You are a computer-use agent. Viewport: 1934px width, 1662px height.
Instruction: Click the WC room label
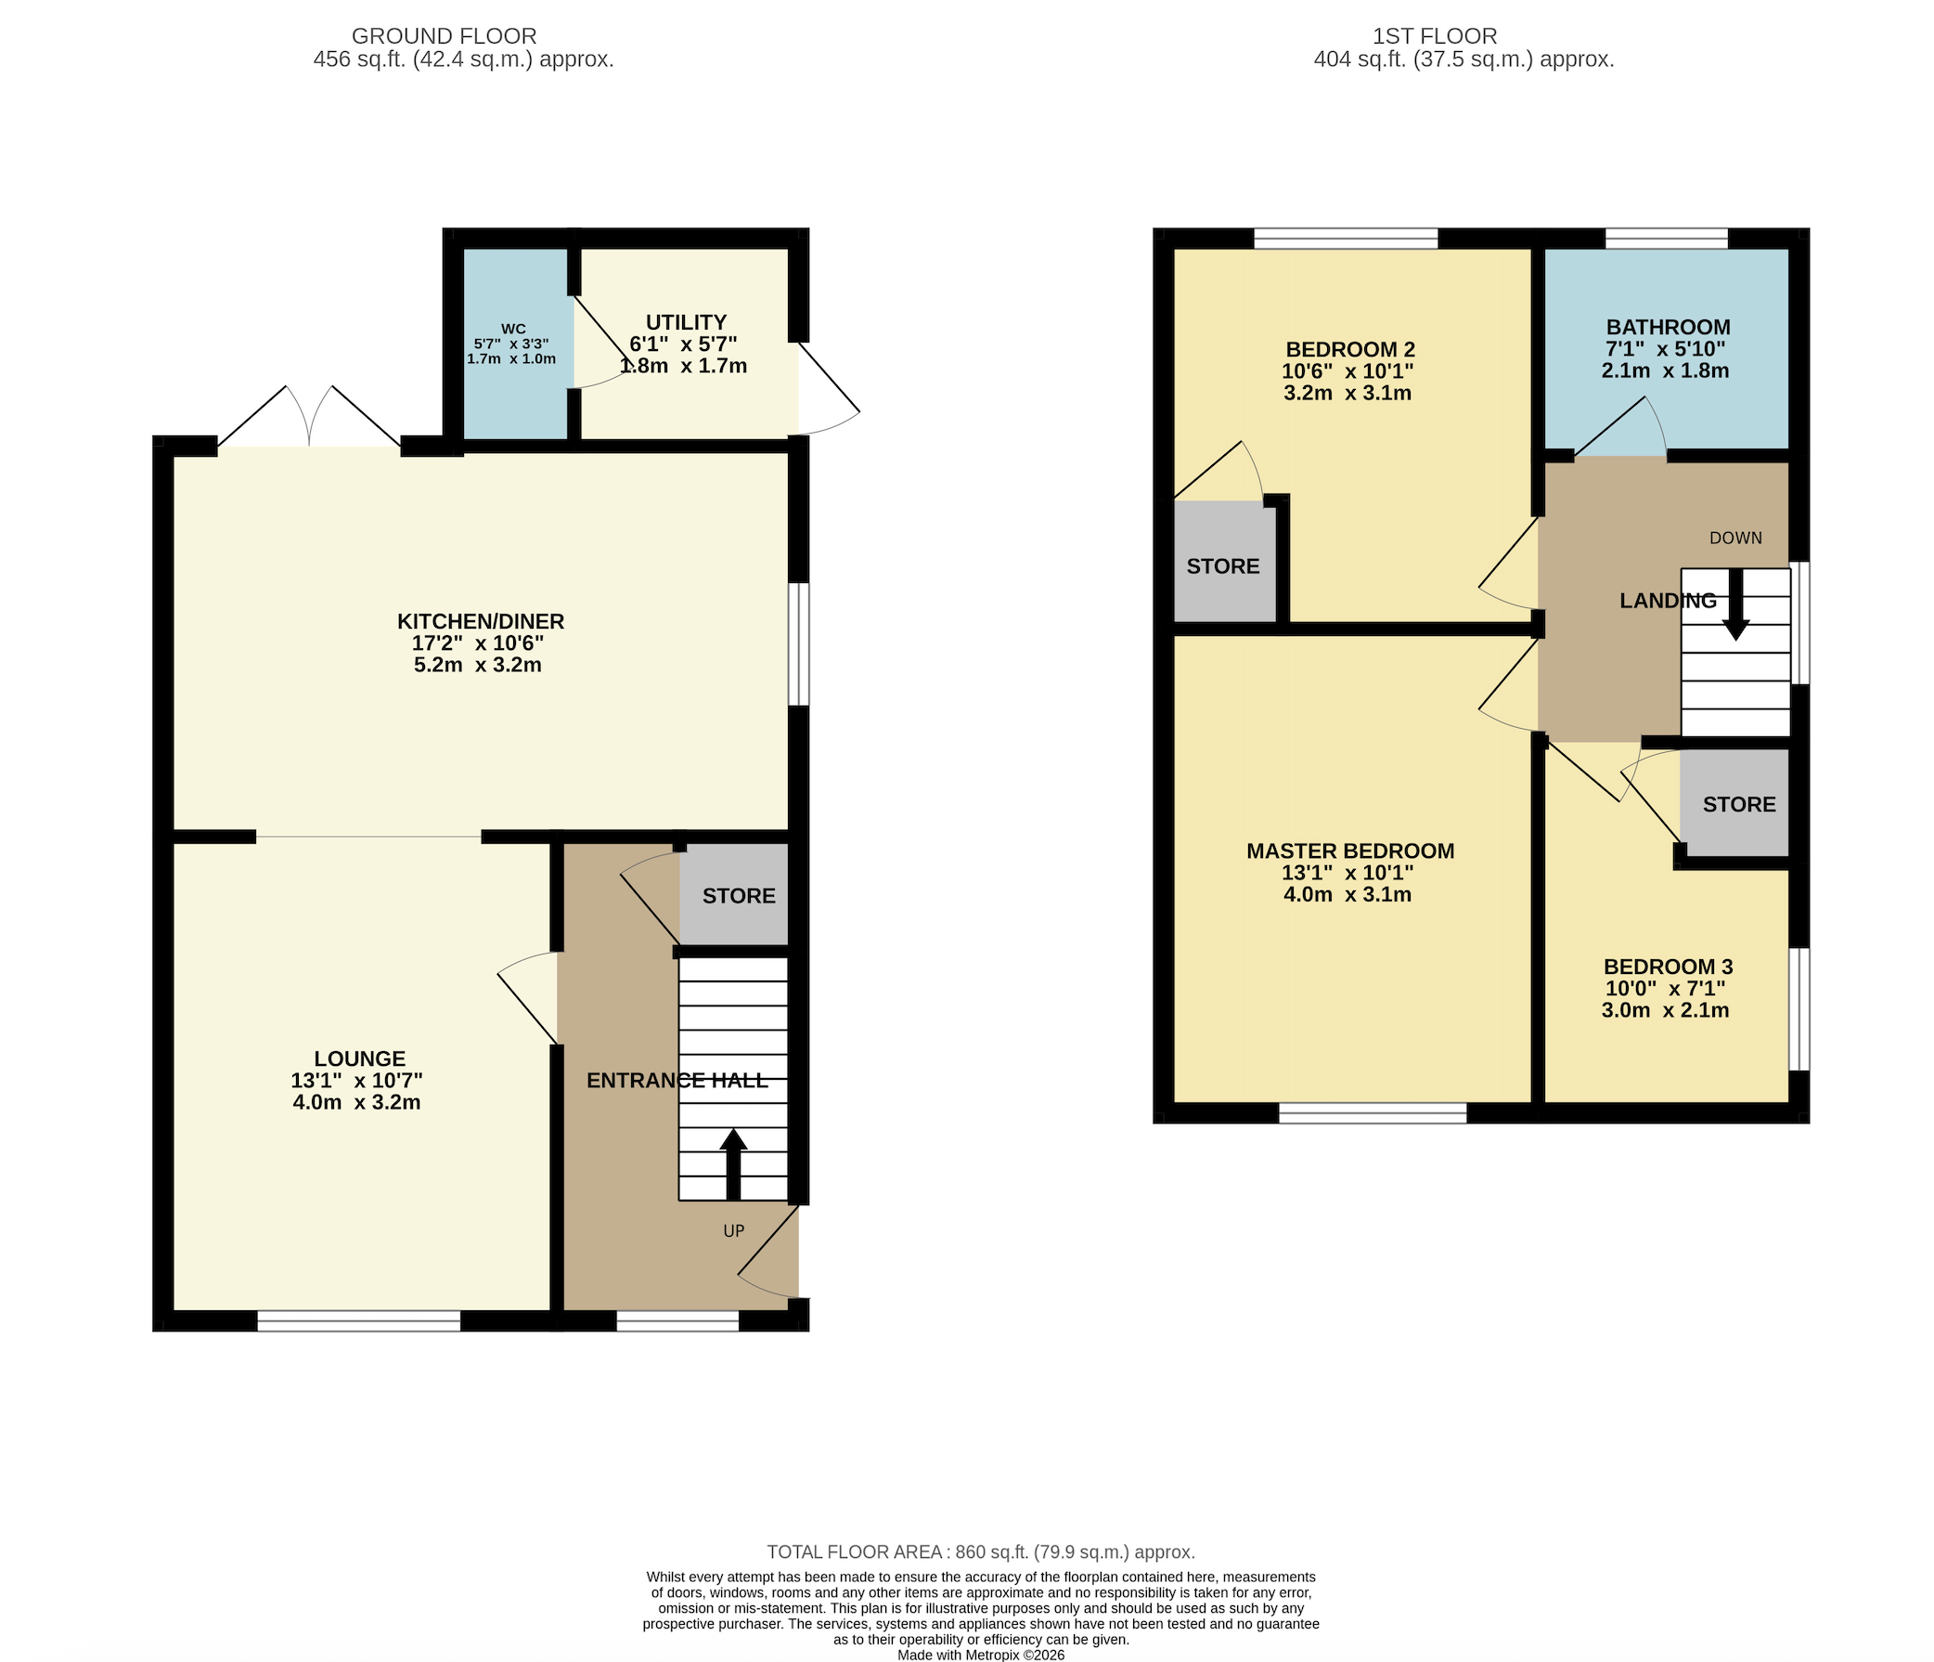pyautogui.click(x=513, y=329)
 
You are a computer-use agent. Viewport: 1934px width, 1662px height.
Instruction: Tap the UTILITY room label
pyautogui.click(x=686, y=322)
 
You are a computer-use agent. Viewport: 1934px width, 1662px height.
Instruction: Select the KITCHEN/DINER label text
pyautogui.click(x=481, y=621)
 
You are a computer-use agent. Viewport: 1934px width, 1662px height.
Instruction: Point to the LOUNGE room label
pyautogui.click(x=359, y=1058)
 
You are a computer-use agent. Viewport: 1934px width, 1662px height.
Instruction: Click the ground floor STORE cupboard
pyautogui.click(x=735, y=895)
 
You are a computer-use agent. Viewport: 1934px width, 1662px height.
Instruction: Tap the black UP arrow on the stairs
pyautogui.click(x=733, y=1165)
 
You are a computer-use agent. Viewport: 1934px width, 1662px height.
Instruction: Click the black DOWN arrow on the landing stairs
pyautogui.click(x=1736, y=604)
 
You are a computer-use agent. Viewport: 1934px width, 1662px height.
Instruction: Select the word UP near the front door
pyautogui.click(x=734, y=1230)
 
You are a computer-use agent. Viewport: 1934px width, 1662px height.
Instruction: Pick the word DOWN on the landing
pyautogui.click(x=1736, y=538)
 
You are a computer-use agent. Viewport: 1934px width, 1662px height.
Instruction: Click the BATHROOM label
pyautogui.click(x=1668, y=327)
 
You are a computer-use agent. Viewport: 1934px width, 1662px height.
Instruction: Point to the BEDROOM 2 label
pyautogui.click(x=1350, y=349)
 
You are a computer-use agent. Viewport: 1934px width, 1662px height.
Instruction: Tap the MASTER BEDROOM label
pyautogui.click(x=1350, y=850)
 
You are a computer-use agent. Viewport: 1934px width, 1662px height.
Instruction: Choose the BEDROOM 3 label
pyautogui.click(x=1668, y=967)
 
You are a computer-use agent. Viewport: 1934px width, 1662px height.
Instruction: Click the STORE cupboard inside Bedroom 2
pyautogui.click(x=1224, y=562)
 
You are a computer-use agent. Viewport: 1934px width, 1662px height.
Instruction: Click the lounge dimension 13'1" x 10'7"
pyautogui.click(x=356, y=1081)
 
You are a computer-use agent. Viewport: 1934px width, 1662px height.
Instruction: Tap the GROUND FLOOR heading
pyautogui.click(x=445, y=36)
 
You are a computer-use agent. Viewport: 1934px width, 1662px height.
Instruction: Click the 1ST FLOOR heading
pyautogui.click(x=1435, y=36)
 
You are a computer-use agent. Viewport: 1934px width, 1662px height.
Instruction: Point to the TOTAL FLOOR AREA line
pyautogui.click(x=981, y=1552)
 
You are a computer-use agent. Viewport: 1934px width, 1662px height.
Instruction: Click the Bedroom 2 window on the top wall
pyautogui.click(x=1346, y=238)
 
